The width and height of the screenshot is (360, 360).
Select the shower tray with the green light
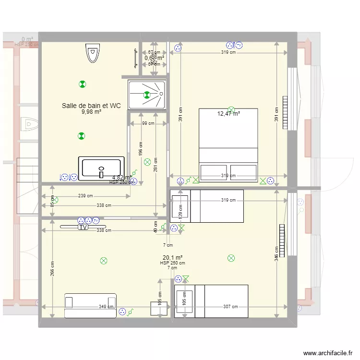tap(146, 95)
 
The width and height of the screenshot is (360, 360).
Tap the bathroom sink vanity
tap(101, 168)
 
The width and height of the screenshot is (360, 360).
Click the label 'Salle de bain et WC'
tap(91, 106)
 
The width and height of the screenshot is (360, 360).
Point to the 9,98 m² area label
tap(91, 112)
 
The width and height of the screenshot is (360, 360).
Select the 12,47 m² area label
tap(228, 114)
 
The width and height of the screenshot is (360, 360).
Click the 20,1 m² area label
tap(172, 257)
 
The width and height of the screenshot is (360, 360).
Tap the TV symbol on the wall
tap(83, 228)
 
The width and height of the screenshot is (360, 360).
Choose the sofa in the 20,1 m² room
tap(90, 305)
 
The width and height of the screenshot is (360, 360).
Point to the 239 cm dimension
tap(85, 196)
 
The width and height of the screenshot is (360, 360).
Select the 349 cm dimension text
tap(106, 307)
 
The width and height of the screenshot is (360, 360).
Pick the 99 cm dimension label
tap(148, 123)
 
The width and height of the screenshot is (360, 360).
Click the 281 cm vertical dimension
tap(156, 166)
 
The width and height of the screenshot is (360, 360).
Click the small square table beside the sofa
tap(159, 309)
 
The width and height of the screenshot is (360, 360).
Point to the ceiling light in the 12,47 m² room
tap(231, 109)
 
